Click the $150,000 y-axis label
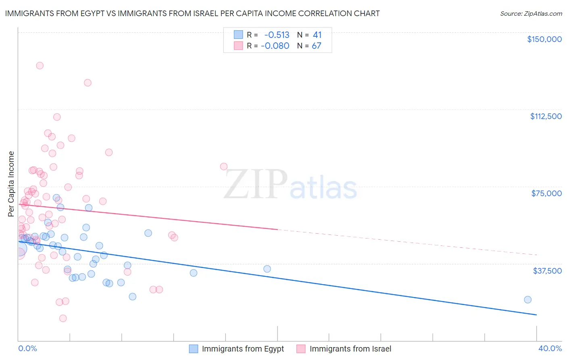pos(544,39)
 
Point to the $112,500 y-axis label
pos(546,116)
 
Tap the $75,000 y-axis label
pos(546,193)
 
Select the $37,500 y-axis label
pos(547,270)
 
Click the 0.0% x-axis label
pos(27,348)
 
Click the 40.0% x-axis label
pos(550,348)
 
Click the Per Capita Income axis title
pos(11,184)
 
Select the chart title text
pos(192,13)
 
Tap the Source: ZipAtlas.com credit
pos(531,14)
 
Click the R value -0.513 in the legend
pos(277,35)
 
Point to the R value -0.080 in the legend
pos(275,46)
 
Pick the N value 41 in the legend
pos(317,35)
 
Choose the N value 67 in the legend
pos(317,46)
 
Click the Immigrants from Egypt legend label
pos(243,349)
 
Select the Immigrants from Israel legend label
pos(350,349)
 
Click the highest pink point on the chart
pos(40,65)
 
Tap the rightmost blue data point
pos(527,299)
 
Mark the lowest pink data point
pos(63,318)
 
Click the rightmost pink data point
pos(224,166)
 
